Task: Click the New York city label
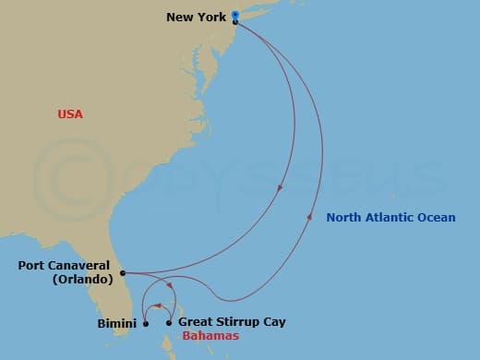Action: [198, 17]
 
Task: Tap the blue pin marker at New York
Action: [235, 15]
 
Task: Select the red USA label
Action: [70, 114]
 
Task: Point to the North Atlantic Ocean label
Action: [390, 218]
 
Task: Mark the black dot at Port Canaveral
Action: [123, 273]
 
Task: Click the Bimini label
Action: [117, 323]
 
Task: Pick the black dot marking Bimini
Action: [146, 323]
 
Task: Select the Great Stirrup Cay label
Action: [232, 322]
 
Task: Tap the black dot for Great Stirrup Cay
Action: [168, 323]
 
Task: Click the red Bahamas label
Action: [210, 336]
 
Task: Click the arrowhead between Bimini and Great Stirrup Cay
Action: [157, 306]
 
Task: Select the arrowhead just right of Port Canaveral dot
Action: [163, 285]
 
